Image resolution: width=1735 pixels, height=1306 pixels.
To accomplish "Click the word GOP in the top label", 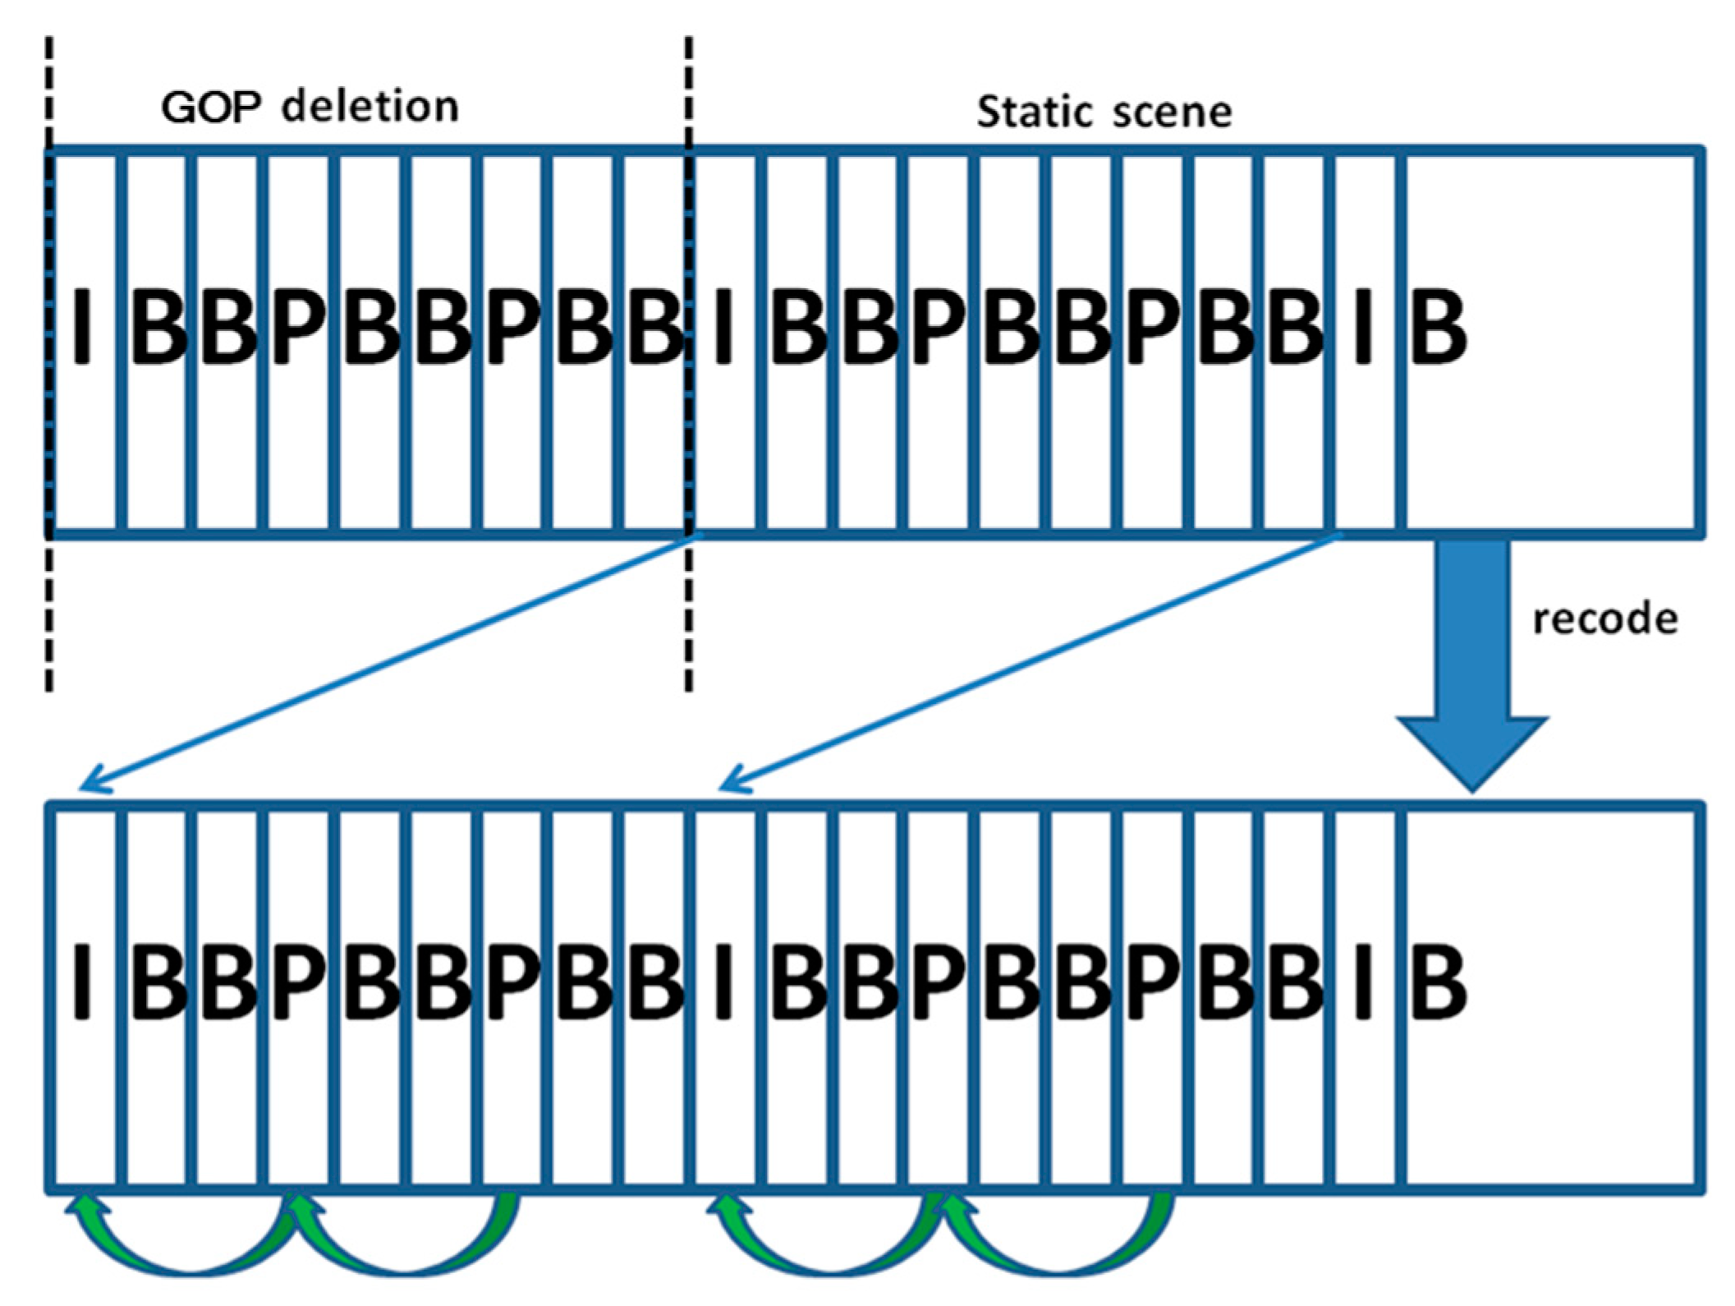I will click(212, 107).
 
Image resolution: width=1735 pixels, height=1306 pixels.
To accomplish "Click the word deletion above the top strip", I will click(369, 107).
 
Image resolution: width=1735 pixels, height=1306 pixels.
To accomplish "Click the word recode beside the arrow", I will click(1604, 619).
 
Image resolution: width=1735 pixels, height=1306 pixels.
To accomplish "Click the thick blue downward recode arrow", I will click(1471, 657).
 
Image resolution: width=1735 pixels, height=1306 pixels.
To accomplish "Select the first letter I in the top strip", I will click(81, 327).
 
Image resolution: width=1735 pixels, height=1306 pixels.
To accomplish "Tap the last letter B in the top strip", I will click(1437, 327).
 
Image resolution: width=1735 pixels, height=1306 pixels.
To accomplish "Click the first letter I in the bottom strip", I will click(81, 982).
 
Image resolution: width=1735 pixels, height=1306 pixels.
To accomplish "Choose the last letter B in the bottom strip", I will click(1437, 982).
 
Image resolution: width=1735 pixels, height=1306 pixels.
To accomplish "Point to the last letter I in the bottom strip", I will click(1363, 982).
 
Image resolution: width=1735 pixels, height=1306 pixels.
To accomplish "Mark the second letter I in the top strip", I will click(723, 327).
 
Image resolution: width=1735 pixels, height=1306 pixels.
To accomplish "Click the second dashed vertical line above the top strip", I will click(688, 90).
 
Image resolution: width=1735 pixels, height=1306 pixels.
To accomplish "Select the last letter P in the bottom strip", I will click(1153, 982).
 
